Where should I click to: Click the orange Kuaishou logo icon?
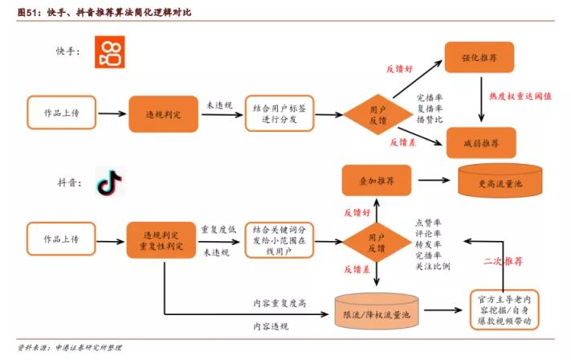pyautogui.click(x=108, y=51)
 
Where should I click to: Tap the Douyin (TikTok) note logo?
pyautogui.click(x=108, y=183)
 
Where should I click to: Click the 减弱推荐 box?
pyautogui.click(x=480, y=143)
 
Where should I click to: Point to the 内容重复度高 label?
pyautogui.click(x=279, y=304)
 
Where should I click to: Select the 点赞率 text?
pyautogui.click(x=427, y=221)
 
